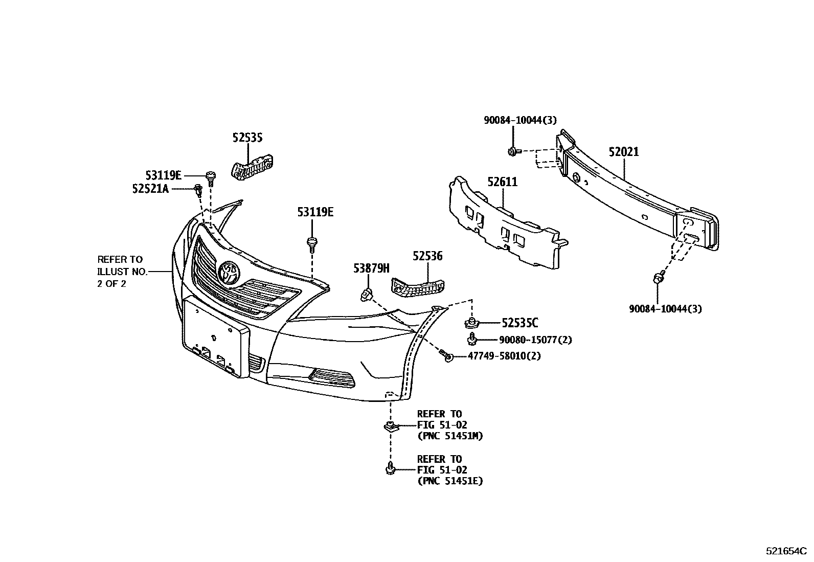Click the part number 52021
click(623, 152)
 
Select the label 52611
click(502, 182)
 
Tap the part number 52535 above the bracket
click(247, 138)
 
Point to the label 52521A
click(150, 189)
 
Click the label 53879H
click(371, 268)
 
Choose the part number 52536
click(428, 256)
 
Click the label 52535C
click(519, 323)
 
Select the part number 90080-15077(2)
click(535, 340)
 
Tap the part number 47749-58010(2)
click(504, 356)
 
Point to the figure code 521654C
click(785, 551)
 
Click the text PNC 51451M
click(450, 436)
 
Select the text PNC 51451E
click(450, 481)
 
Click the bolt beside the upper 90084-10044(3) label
click(513, 151)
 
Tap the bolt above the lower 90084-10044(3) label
click(658, 278)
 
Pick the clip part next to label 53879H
click(367, 294)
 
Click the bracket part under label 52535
click(251, 169)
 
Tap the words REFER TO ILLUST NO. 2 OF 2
click(122, 272)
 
